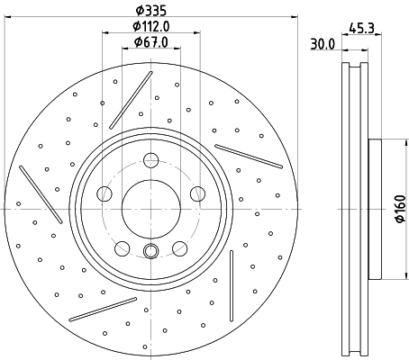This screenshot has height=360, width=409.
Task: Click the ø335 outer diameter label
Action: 150,12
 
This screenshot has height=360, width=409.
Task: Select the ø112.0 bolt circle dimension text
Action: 150,26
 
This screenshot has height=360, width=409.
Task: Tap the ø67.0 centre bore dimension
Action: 150,41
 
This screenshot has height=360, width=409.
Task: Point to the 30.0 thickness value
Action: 323,43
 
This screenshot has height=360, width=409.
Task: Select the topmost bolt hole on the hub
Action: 150,161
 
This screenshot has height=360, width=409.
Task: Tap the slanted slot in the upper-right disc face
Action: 249,156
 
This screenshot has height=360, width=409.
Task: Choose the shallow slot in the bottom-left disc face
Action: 103,309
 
